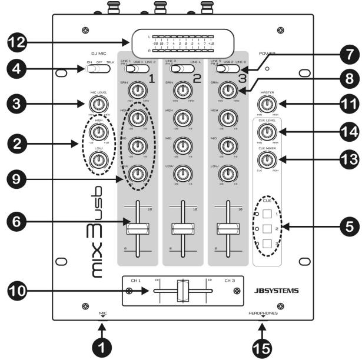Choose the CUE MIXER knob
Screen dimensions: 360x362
click(x=268, y=158)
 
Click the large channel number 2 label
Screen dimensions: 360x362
click(x=197, y=78)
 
